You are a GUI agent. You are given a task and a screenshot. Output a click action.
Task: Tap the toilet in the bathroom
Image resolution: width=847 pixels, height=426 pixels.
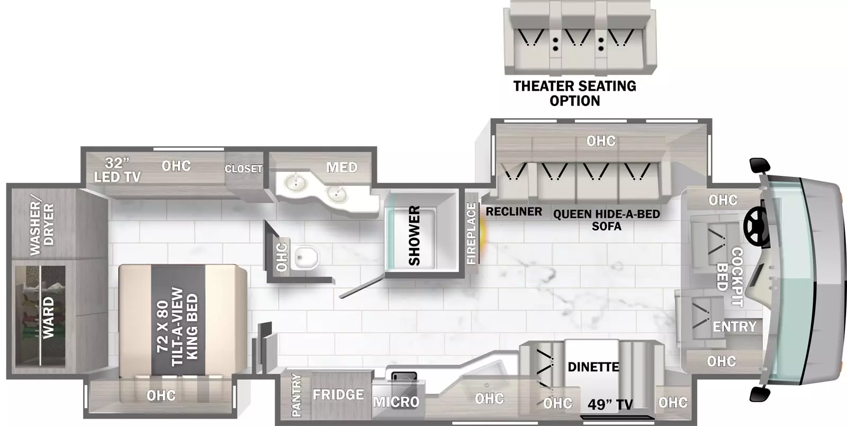[307, 258]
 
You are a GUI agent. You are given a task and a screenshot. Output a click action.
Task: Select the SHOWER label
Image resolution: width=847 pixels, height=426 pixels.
[415, 235]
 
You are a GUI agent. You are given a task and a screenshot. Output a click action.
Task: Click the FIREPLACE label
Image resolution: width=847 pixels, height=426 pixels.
[471, 234]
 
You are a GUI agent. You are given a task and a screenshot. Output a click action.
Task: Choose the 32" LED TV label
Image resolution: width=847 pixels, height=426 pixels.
[117, 170]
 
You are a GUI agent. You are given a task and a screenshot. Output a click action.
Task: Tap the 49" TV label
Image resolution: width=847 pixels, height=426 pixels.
[610, 404]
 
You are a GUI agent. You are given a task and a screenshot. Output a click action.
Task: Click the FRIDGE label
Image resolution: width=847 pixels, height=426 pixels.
[338, 395]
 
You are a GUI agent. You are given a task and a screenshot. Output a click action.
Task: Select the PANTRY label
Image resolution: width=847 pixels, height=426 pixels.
[296, 395]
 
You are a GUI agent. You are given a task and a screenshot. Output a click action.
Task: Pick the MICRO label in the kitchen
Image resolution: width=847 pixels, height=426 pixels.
[397, 402]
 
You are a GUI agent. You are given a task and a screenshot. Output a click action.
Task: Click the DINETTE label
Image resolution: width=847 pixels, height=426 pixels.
[593, 367]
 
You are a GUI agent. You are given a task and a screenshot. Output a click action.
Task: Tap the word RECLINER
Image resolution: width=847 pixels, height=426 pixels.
[514, 211]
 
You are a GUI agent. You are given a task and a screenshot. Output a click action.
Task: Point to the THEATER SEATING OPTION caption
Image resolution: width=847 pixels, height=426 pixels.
[575, 93]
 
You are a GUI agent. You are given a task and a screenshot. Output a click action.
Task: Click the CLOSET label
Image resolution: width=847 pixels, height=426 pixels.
[243, 168]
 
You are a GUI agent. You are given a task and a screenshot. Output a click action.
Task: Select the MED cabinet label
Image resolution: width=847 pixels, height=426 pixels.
[342, 167]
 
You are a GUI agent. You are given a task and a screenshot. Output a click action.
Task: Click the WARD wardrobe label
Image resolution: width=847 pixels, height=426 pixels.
[48, 317]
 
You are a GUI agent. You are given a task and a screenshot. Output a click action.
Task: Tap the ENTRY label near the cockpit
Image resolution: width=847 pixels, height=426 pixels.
[734, 326]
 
